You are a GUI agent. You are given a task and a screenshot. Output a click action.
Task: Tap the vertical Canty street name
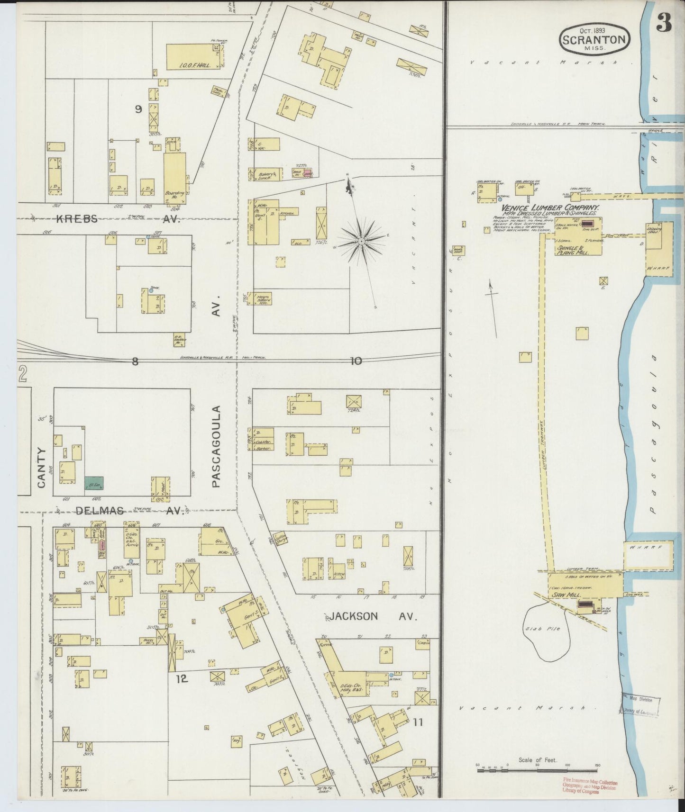pyautogui.click(x=42, y=468)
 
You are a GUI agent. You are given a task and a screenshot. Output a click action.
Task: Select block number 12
pyautogui.click(x=182, y=679)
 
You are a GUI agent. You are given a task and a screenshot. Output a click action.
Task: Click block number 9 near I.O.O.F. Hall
pyautogui.click(x=138, y=109)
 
